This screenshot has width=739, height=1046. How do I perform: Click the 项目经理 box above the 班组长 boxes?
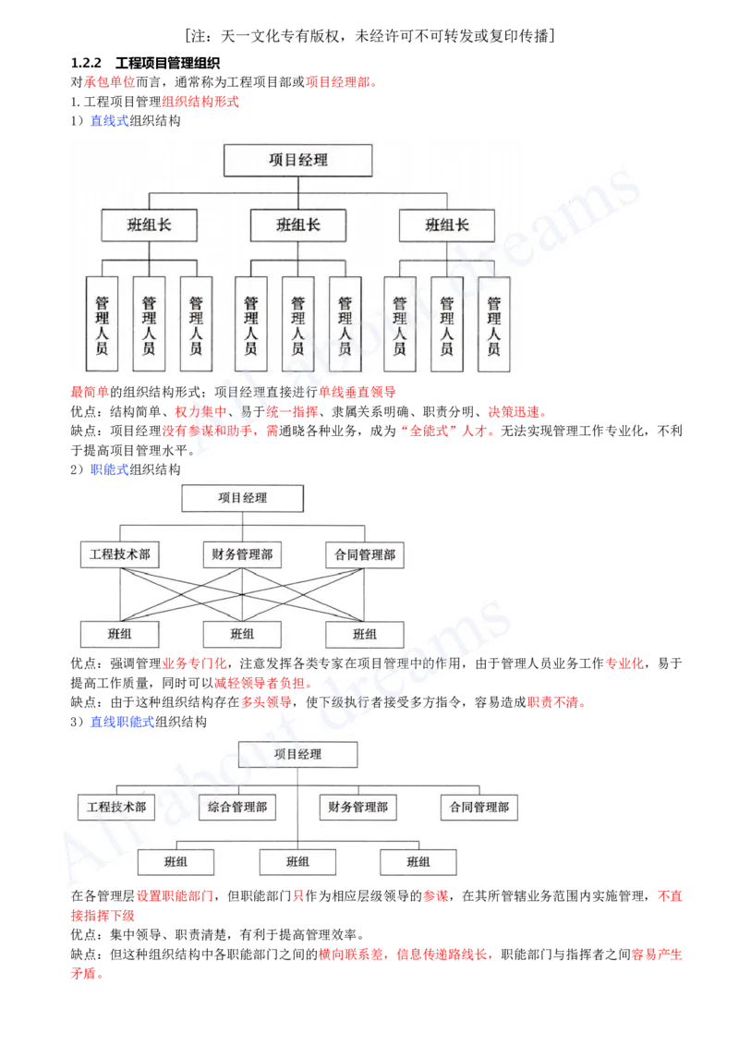pos(298,160)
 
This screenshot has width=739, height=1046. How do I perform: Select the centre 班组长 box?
pos(298,225)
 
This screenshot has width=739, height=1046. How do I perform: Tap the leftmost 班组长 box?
pos(149,225)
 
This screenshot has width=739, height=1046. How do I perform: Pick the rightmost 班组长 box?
pos(447,225)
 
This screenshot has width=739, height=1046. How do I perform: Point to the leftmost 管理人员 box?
pos(102,325)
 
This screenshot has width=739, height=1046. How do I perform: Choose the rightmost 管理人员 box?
pos(493,325)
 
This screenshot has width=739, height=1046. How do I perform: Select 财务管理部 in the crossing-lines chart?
pos(242,554)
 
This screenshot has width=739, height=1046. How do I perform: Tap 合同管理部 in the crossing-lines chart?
pos(365,554)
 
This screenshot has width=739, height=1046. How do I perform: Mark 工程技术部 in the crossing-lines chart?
pos(119,554)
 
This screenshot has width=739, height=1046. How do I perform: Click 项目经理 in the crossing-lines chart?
pos(242,498)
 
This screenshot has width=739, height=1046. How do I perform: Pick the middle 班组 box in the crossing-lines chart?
pos(242,634)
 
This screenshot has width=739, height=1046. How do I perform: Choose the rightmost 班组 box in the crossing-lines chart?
pos(365,634)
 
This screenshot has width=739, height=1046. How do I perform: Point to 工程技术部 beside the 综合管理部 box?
pos(116,807)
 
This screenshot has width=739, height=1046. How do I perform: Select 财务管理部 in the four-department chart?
pos(358,807)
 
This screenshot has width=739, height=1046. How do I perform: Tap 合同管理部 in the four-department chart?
pos(479,807)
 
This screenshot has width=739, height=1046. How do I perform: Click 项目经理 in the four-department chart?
pos(297,754)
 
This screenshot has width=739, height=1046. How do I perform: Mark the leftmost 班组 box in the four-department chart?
pos(176,861)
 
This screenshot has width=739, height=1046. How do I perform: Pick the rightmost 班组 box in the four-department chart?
pos(418,861)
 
